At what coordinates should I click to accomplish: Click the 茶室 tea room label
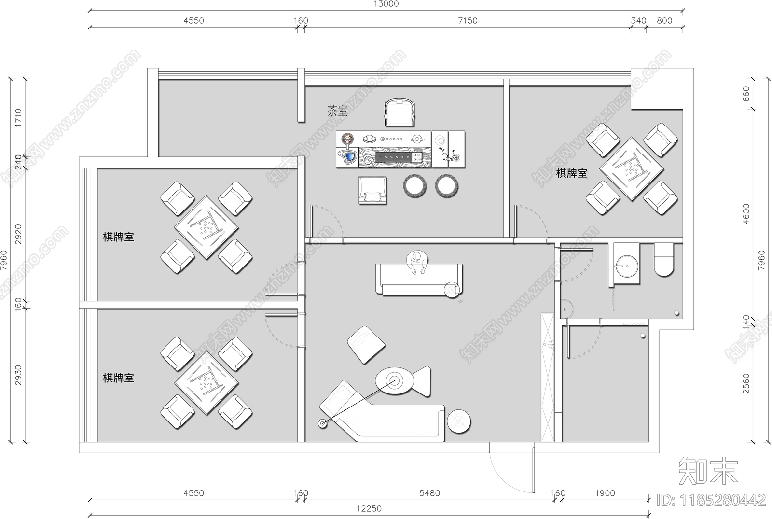[337, 111]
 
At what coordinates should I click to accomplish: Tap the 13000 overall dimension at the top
[386, 4]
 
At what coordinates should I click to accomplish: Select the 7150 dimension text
[468, 21]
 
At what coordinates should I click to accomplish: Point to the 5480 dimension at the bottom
[429, 493]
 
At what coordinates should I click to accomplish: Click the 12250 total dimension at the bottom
[369, 509]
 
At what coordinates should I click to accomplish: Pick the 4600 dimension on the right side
[746, 214]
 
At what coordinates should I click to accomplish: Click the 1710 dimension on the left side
[18, 118]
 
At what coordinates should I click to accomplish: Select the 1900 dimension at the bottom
[605, 493]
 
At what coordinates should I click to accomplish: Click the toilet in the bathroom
[664, 260]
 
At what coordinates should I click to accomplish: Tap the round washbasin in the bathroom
[627, 266]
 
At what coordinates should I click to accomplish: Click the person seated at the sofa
[417, 262]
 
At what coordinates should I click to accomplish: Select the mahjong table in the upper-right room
[632, 169]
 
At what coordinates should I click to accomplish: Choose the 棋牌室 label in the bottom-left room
[118, 378]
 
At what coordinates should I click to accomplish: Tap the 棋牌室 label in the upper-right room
[572, 173]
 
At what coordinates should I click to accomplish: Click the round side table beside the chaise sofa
[459, 421]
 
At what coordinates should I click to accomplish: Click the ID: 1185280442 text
[711, 500]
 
